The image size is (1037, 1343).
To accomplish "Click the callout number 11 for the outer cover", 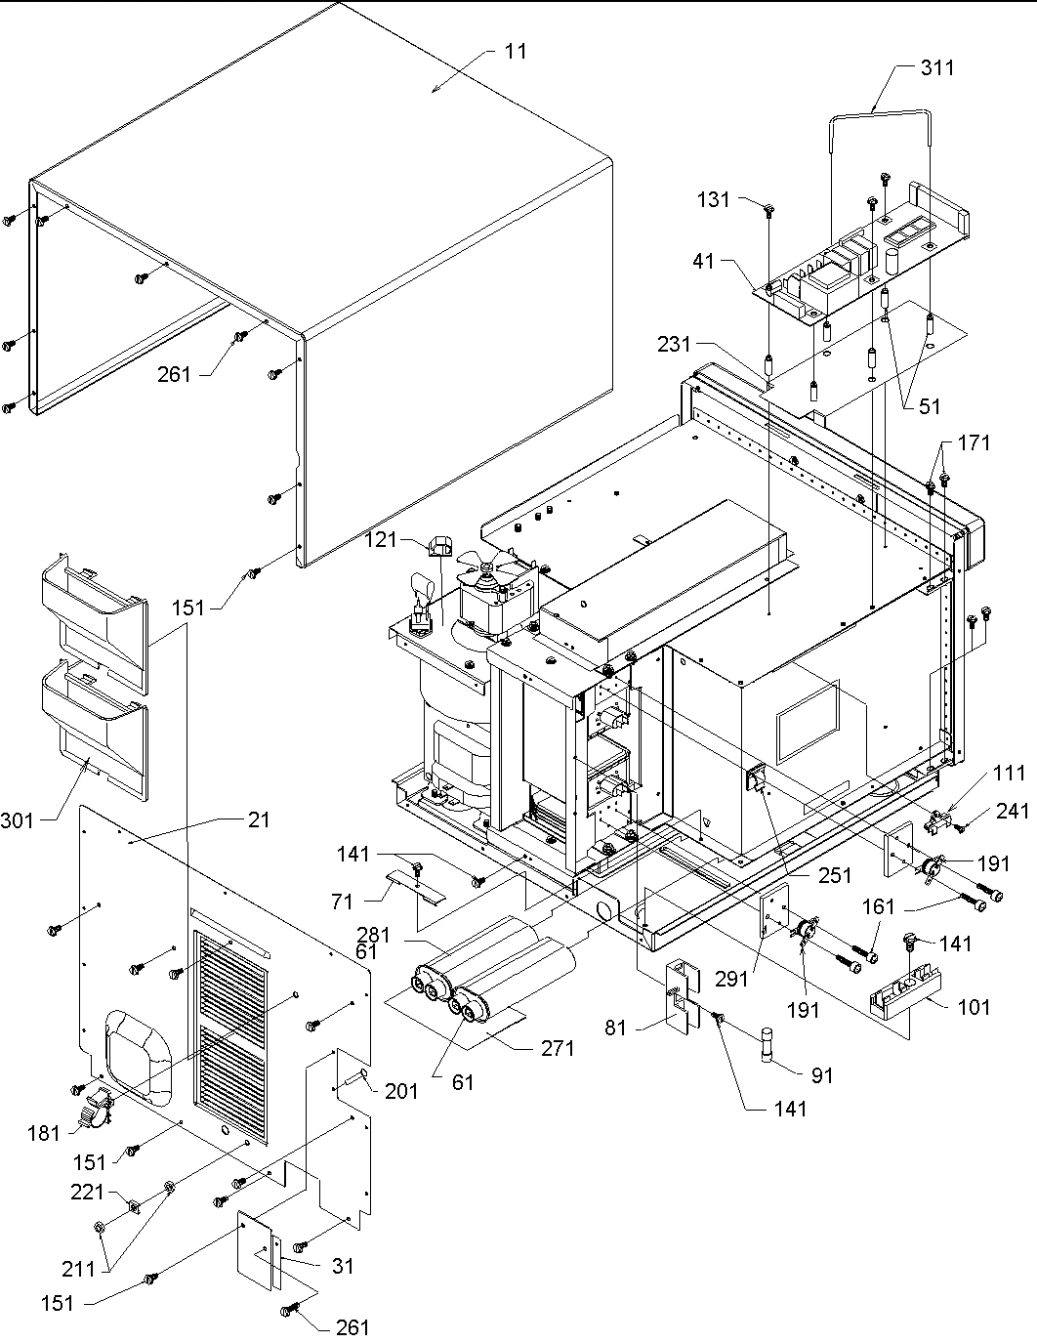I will click(516, 51).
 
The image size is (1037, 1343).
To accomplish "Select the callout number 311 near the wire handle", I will click(937, 67).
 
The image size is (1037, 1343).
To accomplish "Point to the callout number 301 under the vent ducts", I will click(18, 820).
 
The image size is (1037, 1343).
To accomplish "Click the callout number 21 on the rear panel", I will click(259, 820).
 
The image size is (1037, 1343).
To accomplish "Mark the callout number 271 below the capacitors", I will click(558, 1049).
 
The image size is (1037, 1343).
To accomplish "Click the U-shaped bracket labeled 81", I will click(684, 995).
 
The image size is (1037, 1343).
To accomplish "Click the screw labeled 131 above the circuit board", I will click(768, 209).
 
